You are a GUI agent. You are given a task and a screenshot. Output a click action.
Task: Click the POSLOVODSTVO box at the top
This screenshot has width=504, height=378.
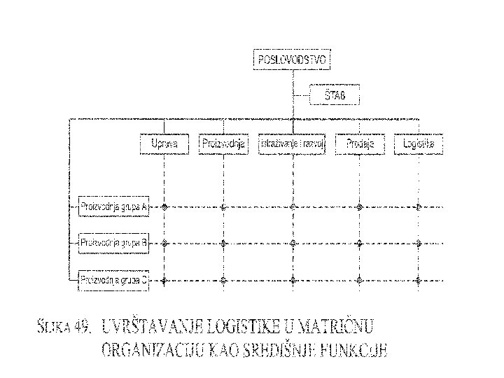coord(290,60)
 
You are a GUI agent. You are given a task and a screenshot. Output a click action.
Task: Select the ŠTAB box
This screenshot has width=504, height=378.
coord(334,94)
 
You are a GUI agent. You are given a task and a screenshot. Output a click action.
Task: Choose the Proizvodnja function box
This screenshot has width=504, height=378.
coord(223,144)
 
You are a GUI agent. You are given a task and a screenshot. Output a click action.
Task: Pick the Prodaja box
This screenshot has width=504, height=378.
coord(359,144)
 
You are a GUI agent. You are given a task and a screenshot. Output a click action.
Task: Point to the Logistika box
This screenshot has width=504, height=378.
coord(418,144)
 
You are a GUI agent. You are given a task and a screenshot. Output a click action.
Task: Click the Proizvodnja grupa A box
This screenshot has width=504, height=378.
coord(113,206)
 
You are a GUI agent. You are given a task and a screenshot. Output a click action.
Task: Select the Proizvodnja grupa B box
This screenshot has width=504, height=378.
coord(113,244)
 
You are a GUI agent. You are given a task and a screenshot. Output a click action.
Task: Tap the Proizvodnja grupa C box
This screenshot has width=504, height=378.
coord(113,280)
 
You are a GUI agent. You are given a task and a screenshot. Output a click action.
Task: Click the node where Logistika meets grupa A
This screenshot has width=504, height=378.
coord(418,206)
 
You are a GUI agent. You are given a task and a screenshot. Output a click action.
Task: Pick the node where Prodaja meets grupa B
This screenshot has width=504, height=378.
coord(359,244)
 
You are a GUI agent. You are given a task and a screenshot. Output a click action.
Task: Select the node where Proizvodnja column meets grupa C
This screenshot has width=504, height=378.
coord(223,280)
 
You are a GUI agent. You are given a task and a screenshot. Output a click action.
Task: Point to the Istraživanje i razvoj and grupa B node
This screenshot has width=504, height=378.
coord(293,244)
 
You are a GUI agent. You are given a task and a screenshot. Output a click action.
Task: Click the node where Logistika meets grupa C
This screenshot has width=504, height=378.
coord(418,280)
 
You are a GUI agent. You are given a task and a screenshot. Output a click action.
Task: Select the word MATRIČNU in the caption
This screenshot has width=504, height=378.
coord(339,325)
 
